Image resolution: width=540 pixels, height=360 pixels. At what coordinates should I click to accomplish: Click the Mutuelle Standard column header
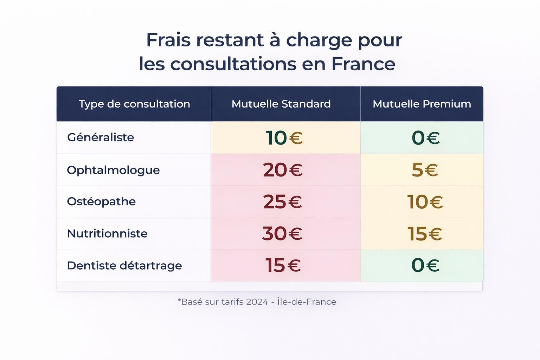click(281, 104)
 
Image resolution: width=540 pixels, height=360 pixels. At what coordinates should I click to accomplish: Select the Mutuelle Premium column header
click(422, 104)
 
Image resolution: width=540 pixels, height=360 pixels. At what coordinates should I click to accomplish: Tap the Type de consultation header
click(134, 104)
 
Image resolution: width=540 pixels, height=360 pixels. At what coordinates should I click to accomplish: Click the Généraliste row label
click(101, 137)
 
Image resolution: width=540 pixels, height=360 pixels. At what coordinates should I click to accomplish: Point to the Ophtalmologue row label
click(113, 170)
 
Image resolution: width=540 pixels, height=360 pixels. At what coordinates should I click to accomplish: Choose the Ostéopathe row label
click(101, 201)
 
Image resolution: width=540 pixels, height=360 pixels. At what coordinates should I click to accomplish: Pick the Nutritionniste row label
click(107, 233)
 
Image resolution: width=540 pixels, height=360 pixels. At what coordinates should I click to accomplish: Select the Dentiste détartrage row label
click(124, 265)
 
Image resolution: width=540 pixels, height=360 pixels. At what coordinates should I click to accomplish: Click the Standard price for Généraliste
click(284, 137)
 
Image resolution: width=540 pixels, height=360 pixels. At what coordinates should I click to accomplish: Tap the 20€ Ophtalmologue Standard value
click(283, 170)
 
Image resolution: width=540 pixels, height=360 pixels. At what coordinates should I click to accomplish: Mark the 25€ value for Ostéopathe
click(282, 202)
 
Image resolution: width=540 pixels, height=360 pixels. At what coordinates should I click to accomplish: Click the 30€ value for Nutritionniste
click(282, 233)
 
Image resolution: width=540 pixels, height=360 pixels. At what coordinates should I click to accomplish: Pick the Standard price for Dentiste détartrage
click(283, 265)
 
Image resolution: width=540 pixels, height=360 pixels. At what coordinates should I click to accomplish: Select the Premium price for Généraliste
click(425, 137)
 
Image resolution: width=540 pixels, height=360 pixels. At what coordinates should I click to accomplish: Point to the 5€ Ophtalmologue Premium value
click(425, 170)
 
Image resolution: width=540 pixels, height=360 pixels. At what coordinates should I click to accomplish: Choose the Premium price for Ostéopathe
click(425, 202)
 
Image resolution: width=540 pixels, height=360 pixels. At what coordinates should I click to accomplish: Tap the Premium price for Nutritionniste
click(425, 233)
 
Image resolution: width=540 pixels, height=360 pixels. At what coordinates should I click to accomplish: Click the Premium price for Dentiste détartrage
click(425, 265)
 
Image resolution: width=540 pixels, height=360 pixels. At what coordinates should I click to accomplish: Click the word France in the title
click(363, 64)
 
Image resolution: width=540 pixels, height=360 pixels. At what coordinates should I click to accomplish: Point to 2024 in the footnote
click(257, 302)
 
